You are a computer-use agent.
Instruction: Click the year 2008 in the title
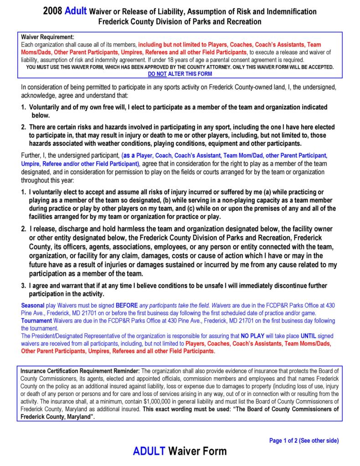point(53,11)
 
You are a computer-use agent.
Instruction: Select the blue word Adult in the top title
point(76,11)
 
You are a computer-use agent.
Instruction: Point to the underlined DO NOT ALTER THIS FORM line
point(180,73)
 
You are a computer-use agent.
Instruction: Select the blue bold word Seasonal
point(33,305)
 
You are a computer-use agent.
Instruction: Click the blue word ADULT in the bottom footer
point(149,452)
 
